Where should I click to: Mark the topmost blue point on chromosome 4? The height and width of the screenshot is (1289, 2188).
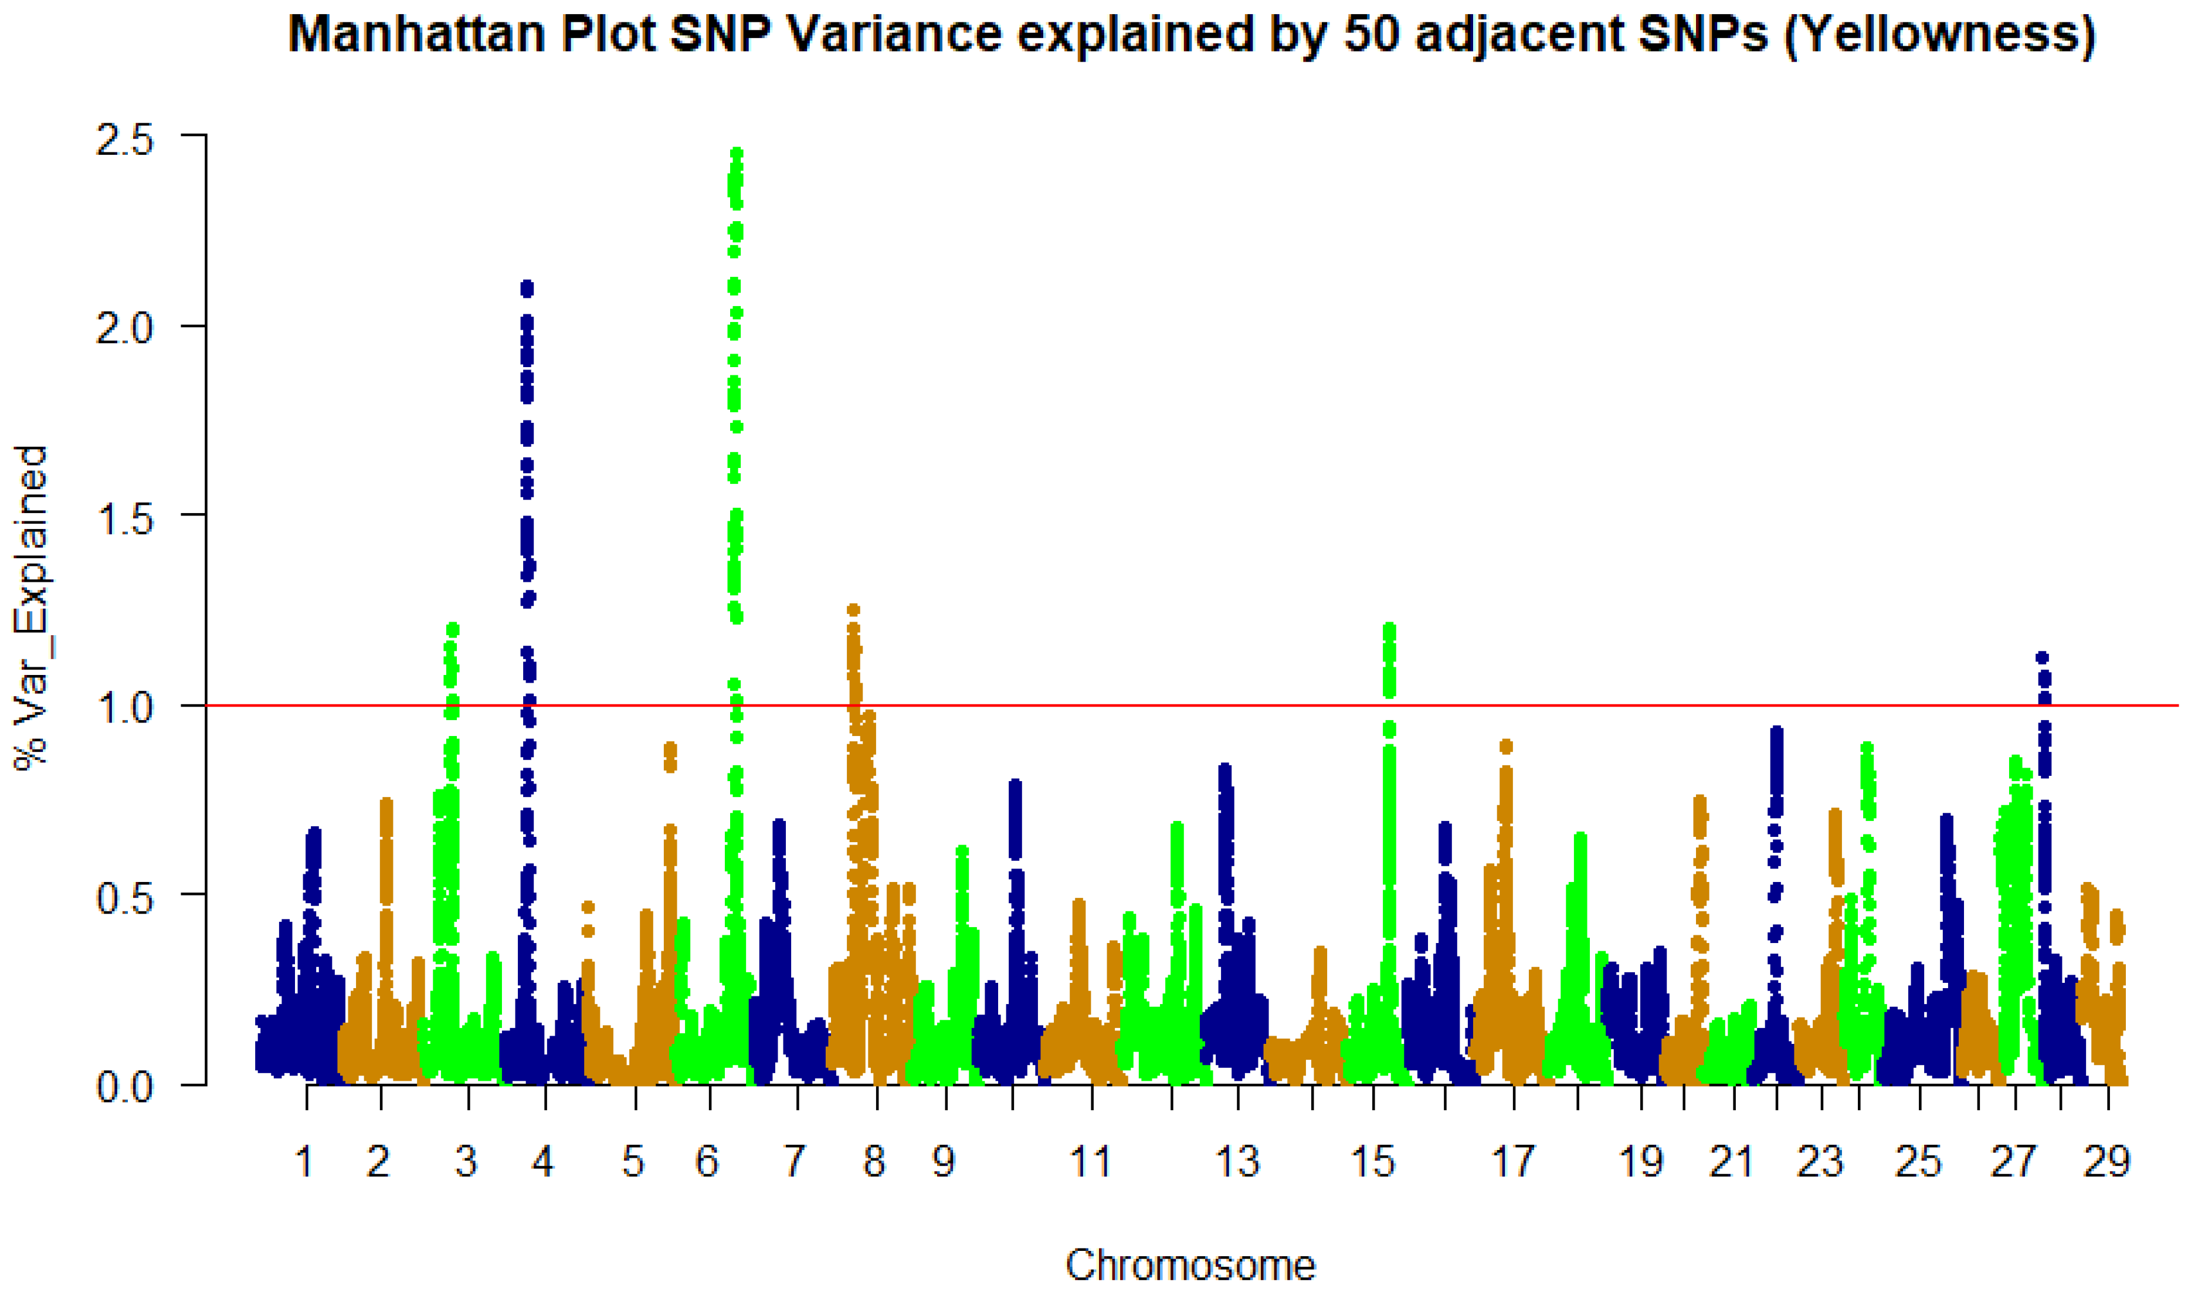coord(527,287)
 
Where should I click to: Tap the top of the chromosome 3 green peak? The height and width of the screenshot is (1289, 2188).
coord(452,628)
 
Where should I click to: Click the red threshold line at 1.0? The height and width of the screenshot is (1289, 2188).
coord(1563,705)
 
